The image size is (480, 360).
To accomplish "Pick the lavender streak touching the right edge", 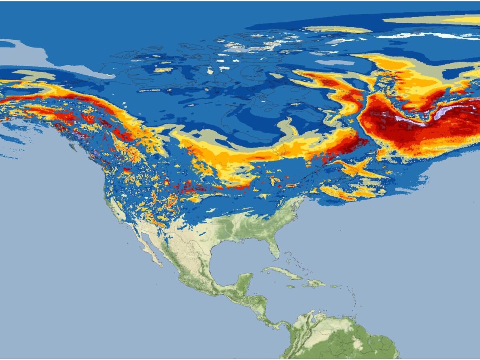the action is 456,110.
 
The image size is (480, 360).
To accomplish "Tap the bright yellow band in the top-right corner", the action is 460,20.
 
